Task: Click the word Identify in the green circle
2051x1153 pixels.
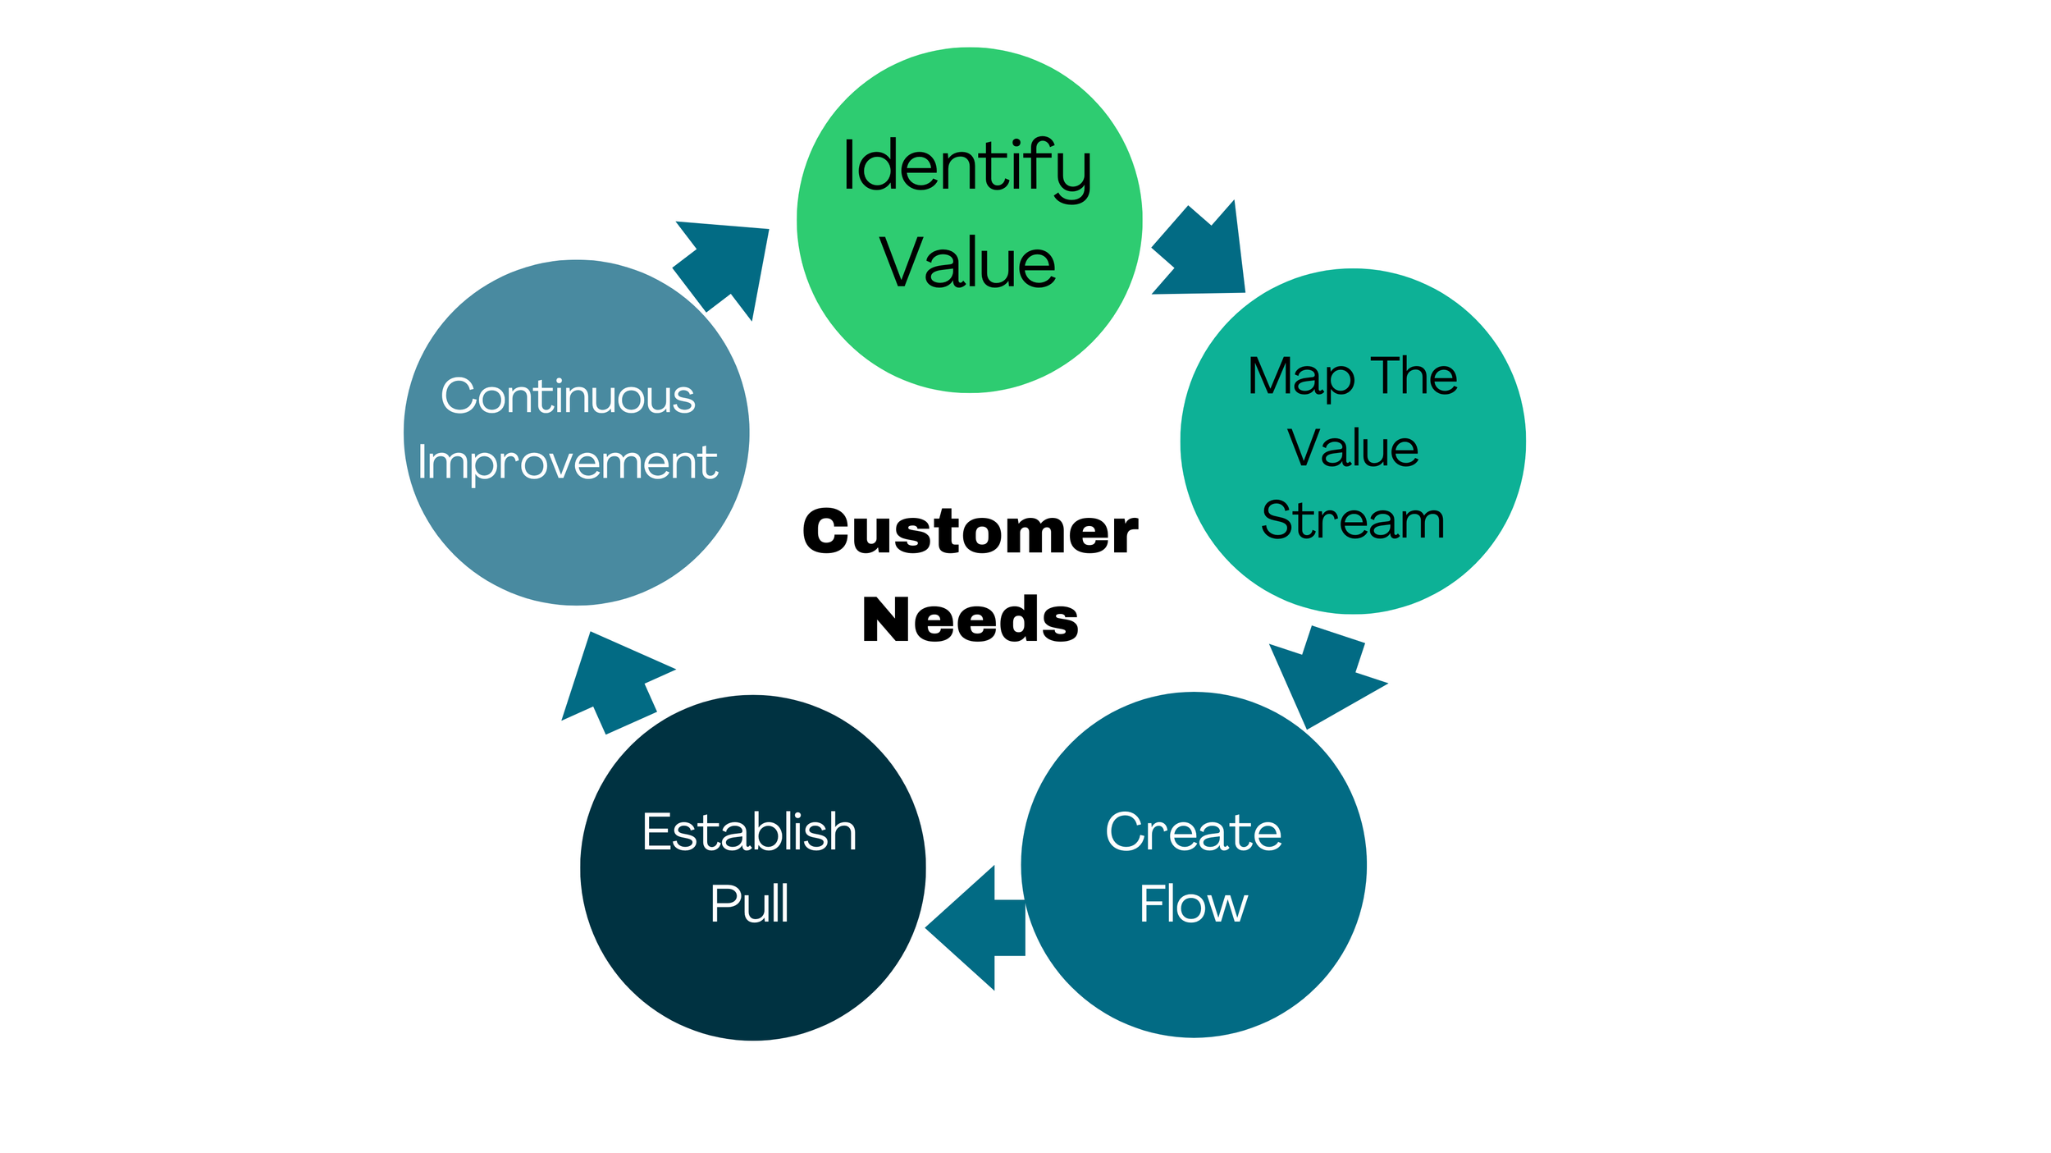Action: point(967,169)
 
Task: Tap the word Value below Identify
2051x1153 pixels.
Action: point(968,263)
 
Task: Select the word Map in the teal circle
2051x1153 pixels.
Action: point(1302,378)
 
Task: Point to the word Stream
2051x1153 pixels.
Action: point(1353,520)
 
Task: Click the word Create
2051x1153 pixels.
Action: point(1194,832)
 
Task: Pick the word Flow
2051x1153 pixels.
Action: point(1194,904)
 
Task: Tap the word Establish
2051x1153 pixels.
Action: point(750,832)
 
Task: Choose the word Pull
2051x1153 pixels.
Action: point(750,904)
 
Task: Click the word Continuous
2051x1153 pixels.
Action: point(568,396)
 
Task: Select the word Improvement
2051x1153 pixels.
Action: point(568,464)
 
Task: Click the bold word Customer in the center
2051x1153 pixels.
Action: point(971,531)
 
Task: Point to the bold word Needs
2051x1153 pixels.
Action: point(971,620)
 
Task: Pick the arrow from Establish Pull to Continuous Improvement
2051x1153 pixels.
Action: point(618,683)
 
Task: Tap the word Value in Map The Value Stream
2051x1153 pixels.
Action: point(1353,448)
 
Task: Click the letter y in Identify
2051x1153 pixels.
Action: point(1073,176)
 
